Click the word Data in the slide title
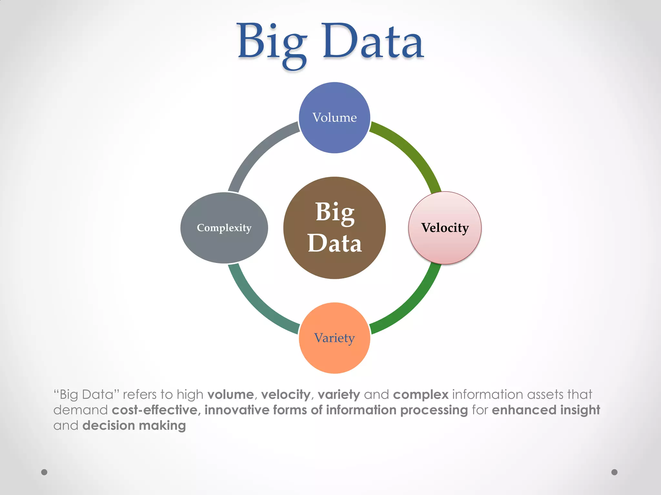point(373,42)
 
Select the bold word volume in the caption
point(230,394)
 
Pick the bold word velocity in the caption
point(286,394)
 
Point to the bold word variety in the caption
point(339,394)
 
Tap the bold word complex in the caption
point(421,394)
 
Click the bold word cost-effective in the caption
point(155,410)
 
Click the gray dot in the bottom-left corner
point(44,472)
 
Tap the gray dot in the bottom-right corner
point(615,472)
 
